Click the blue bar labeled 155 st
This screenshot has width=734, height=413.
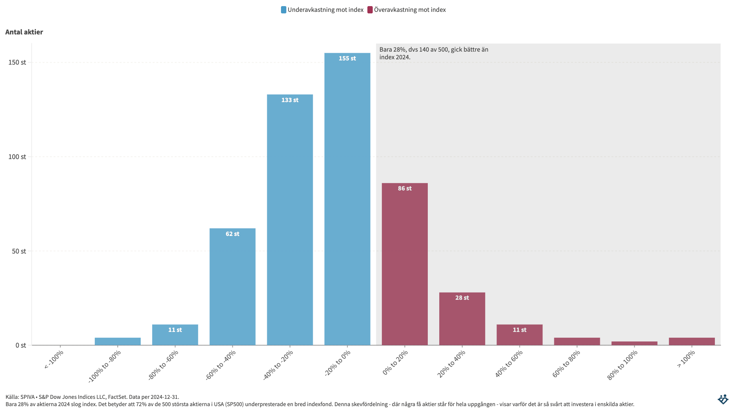pyautogui.click(x=347, y=199)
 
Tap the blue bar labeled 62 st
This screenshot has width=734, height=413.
pyautogui.click(x=232, y=287)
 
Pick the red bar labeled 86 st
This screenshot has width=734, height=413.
pyautogui.click(x=404, y=264)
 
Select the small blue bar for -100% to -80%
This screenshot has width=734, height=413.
pyautogui.click(x=118, y=341)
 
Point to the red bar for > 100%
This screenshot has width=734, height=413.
pyautogui.click(x=692, y=341)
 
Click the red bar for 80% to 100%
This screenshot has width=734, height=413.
pyautogui.click(x=634, y=343)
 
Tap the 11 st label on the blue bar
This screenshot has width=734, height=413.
pyautogui.click(x=175, y=330)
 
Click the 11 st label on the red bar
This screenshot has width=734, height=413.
pyautogui.click(x=520, y=330)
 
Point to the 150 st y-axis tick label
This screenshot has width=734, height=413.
pyautogui.click(x=17, y=62)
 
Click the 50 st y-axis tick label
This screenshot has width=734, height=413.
pyautogui.click(x=19, y=251)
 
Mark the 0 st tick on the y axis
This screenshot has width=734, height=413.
pyautogui.click(x=21, y=345)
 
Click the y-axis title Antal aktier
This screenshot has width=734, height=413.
pyautogui.click(x=24, y=32)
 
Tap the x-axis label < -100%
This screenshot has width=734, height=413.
pyautogui.click(x=54, y=360)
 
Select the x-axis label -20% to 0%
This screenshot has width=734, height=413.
pyautogui.click(x=338, y=363)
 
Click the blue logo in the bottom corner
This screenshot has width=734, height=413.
pyautogui.click(x=723, y=399)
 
